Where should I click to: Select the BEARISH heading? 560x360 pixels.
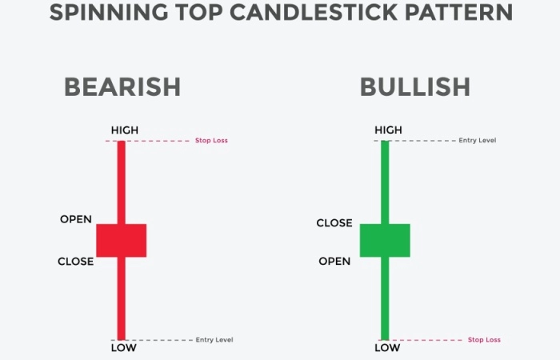(x=122, y=86)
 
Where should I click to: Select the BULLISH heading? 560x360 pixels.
(x=415, y=86)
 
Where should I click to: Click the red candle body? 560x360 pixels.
(x=122, y=240)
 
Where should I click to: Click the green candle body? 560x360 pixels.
(x=385, y=240)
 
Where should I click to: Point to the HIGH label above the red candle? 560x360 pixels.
(x=125, y=130)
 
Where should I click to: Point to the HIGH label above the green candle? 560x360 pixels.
(x=388, y=130)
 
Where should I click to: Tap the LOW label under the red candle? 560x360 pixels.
(x=123, y=348)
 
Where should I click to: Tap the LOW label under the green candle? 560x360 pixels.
(x=387, y=348)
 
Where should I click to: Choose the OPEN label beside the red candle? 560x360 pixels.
(x=76, y=219)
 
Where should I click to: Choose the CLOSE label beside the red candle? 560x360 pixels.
(x=76, y=262)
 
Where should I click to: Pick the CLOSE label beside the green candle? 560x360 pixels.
(x=334, y=223)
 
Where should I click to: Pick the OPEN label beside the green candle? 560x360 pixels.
(x=334, y=262)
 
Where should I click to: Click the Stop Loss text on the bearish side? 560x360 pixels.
(x=211, y=140)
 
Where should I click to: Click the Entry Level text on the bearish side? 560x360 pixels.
(x=214, y=340)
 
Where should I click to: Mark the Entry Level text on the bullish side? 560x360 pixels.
(x=478, y=140)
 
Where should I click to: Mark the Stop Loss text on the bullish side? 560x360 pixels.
(x=484, y=340)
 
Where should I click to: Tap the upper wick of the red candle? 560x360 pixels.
(x=122, y=182)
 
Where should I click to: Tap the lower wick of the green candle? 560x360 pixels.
(x=385, y=298)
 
